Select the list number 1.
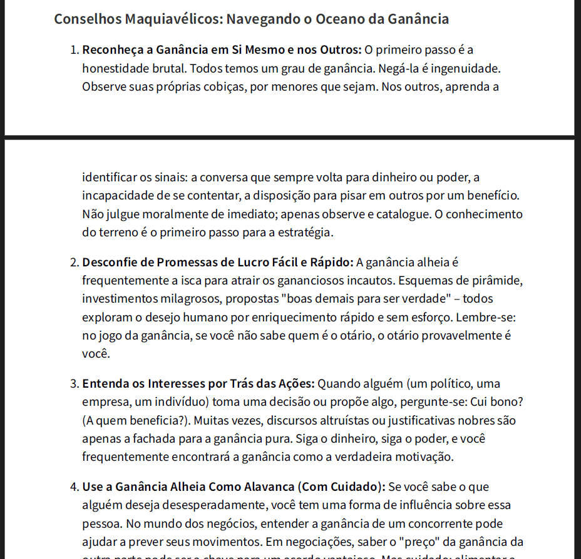coord(74,49)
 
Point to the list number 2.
coord(74,261)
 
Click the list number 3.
coord(74,383)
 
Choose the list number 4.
coord(74,486)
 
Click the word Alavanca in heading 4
coord(264,486)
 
